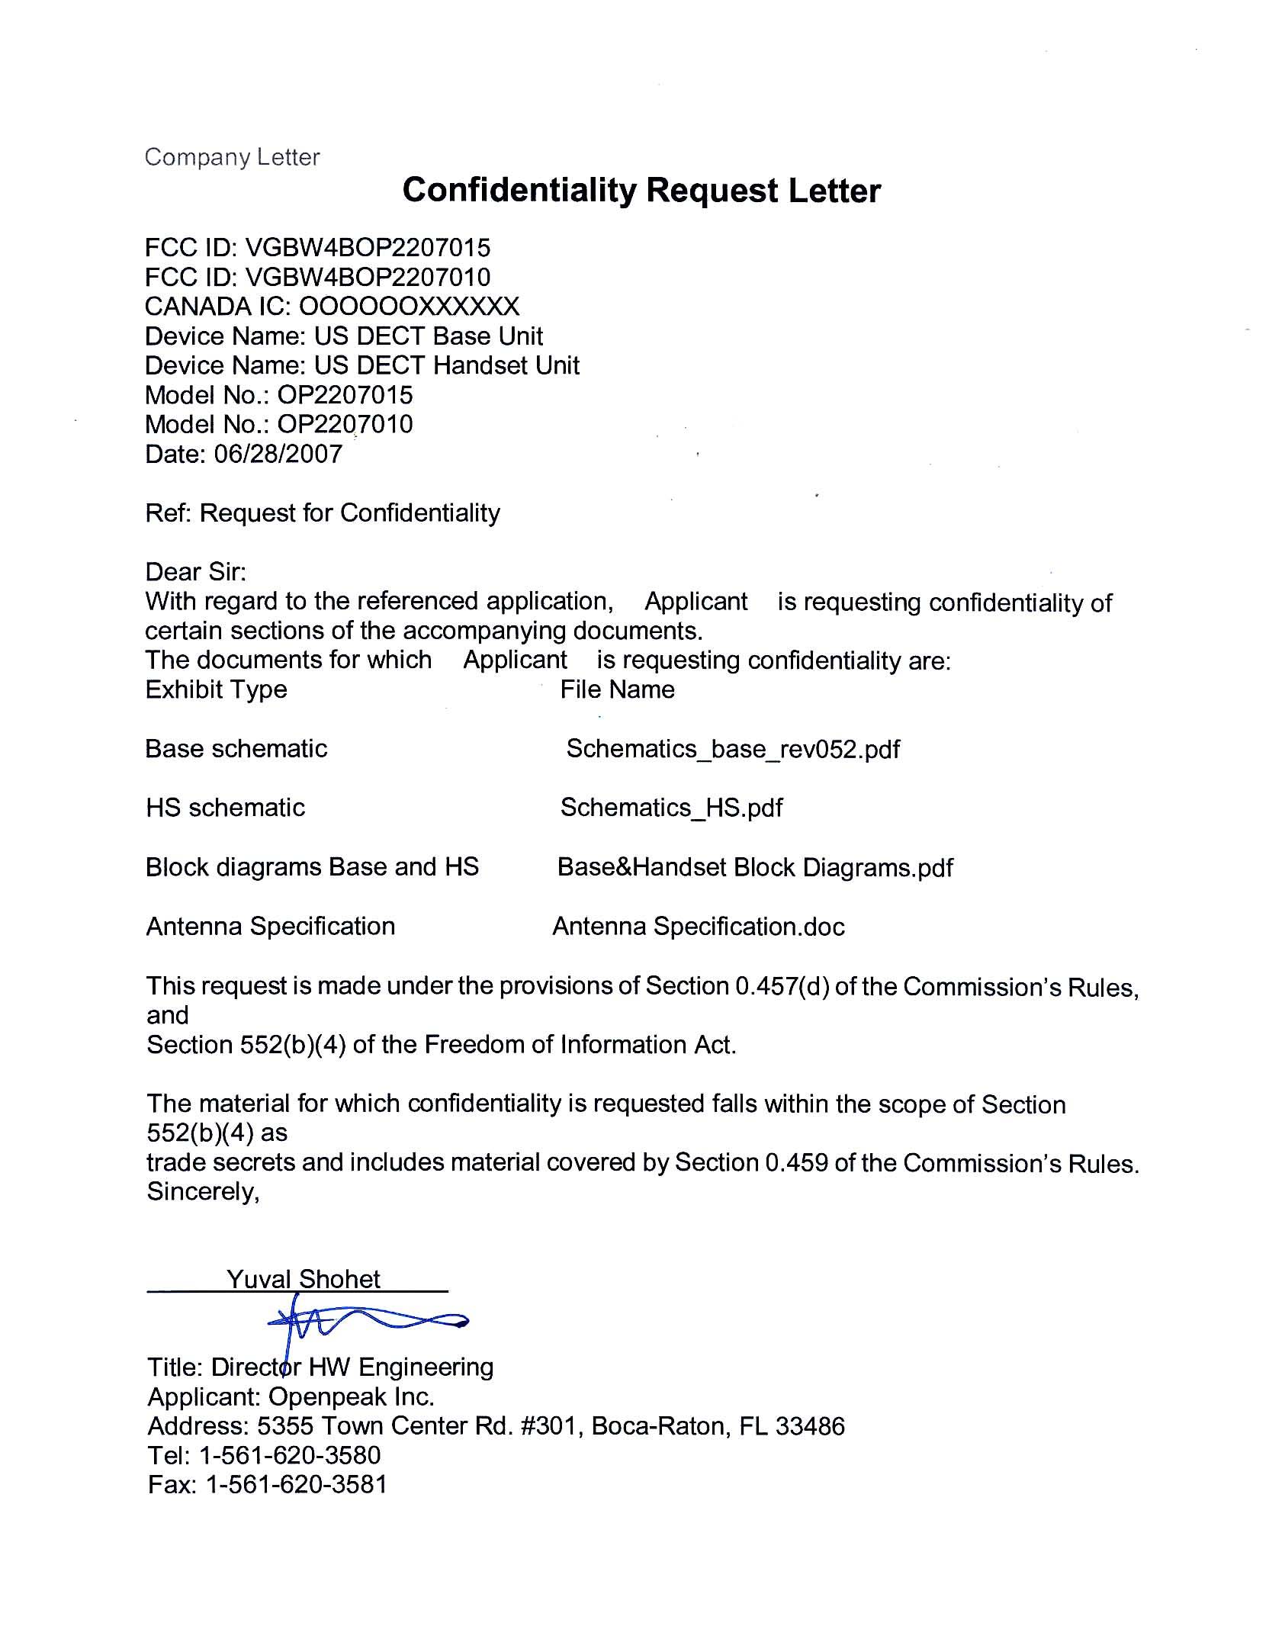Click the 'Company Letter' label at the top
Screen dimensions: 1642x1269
[232, 157]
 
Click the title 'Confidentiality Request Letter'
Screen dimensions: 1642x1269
[641, 190]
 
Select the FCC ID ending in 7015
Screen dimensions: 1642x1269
[368, 248]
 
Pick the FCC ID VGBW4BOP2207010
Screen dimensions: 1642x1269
[368, 277]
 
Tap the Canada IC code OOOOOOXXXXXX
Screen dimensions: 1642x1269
[409, 307]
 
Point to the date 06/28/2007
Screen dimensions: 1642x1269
[278, 454]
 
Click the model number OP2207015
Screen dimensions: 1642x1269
[345, 395]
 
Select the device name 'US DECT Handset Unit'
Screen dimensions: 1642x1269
[447, 365]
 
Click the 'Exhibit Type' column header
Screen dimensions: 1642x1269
[216, 689]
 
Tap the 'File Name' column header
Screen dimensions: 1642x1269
[617, 689]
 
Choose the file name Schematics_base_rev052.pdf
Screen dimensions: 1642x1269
[732, 749]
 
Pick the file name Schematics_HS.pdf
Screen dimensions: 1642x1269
[671, 808]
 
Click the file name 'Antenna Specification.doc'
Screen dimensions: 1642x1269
[698, 927]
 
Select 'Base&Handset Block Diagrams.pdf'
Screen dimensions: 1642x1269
[755, 867]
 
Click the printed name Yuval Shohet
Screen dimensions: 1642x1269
[303, 1279]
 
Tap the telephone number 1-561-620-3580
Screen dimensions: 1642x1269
[289, 1455]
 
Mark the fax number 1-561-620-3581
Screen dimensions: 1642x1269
[297, 1484]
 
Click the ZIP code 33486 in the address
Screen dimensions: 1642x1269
[810, 1425]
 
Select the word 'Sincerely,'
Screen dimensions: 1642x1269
[203, 1191]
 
